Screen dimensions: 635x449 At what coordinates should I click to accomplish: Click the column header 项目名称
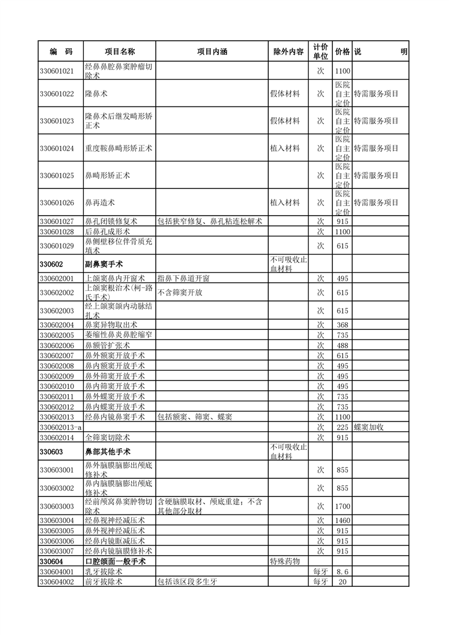pyautogui.click(x=119, y=52)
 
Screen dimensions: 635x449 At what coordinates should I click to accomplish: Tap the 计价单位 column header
pyautogui.click(x=320, y=52)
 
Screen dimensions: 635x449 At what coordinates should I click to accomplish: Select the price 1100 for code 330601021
pyautogui.click(x=343, y=71)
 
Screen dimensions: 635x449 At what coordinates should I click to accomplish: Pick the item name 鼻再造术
pyautogui.click(x=100, y=203)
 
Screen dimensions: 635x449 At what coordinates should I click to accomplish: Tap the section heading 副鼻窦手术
pyautogui.click(x=104, y=264)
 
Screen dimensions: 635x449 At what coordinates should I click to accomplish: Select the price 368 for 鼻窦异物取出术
pyautogui.click(x=343, y=325)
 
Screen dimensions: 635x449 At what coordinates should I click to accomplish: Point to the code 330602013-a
pyautogui.click(x=61, y=427)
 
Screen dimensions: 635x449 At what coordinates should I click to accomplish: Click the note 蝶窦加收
pyautogui.click(x=369, y=427)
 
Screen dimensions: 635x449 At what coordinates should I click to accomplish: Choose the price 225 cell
pyautogui.click(x=343, y=427)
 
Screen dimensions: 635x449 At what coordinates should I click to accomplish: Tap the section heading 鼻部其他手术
pyautogui.click(x=108, y=452)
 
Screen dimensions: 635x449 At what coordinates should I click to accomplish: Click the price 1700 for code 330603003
pyautogui.click(x=343, y=506)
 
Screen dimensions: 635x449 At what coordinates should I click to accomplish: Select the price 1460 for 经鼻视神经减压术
pyautogui.click(x=343, y=521)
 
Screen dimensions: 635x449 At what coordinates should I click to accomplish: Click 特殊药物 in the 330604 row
pyautogui.click(x=285, y=561)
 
